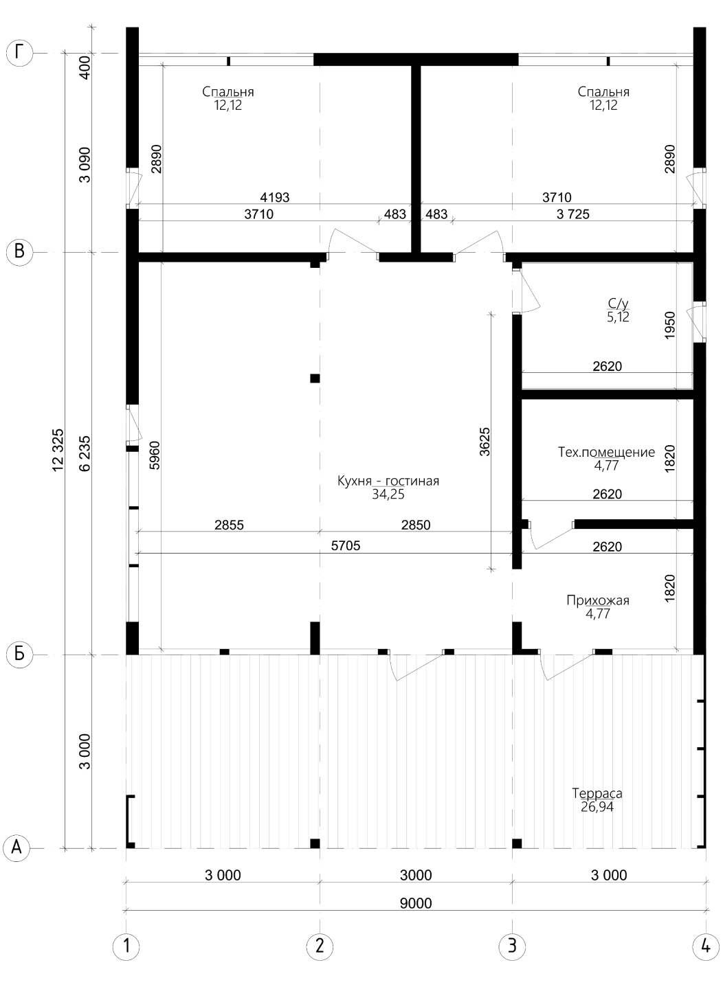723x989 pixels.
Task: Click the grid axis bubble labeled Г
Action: point(19,53)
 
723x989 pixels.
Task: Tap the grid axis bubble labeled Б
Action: point(19,654)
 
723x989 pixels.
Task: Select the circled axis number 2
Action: point(320,959)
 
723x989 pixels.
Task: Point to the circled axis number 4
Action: point(705,959)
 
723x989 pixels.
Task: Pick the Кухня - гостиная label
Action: point(388,480)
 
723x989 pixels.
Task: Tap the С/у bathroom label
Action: point(618,304)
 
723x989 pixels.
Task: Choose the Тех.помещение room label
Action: point(606,452)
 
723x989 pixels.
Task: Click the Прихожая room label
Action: point(597,600)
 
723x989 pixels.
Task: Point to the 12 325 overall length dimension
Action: point(58,450)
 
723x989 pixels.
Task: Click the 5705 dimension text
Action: point(346,546)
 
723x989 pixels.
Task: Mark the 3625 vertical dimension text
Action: point(485,441)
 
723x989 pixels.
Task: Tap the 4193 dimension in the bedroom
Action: point(275,197)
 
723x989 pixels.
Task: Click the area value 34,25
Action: point(388,494)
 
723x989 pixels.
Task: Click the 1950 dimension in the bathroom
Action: point(670,325)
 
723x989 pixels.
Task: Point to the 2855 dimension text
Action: point(229,525)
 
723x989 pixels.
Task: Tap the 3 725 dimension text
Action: point(572,214)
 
